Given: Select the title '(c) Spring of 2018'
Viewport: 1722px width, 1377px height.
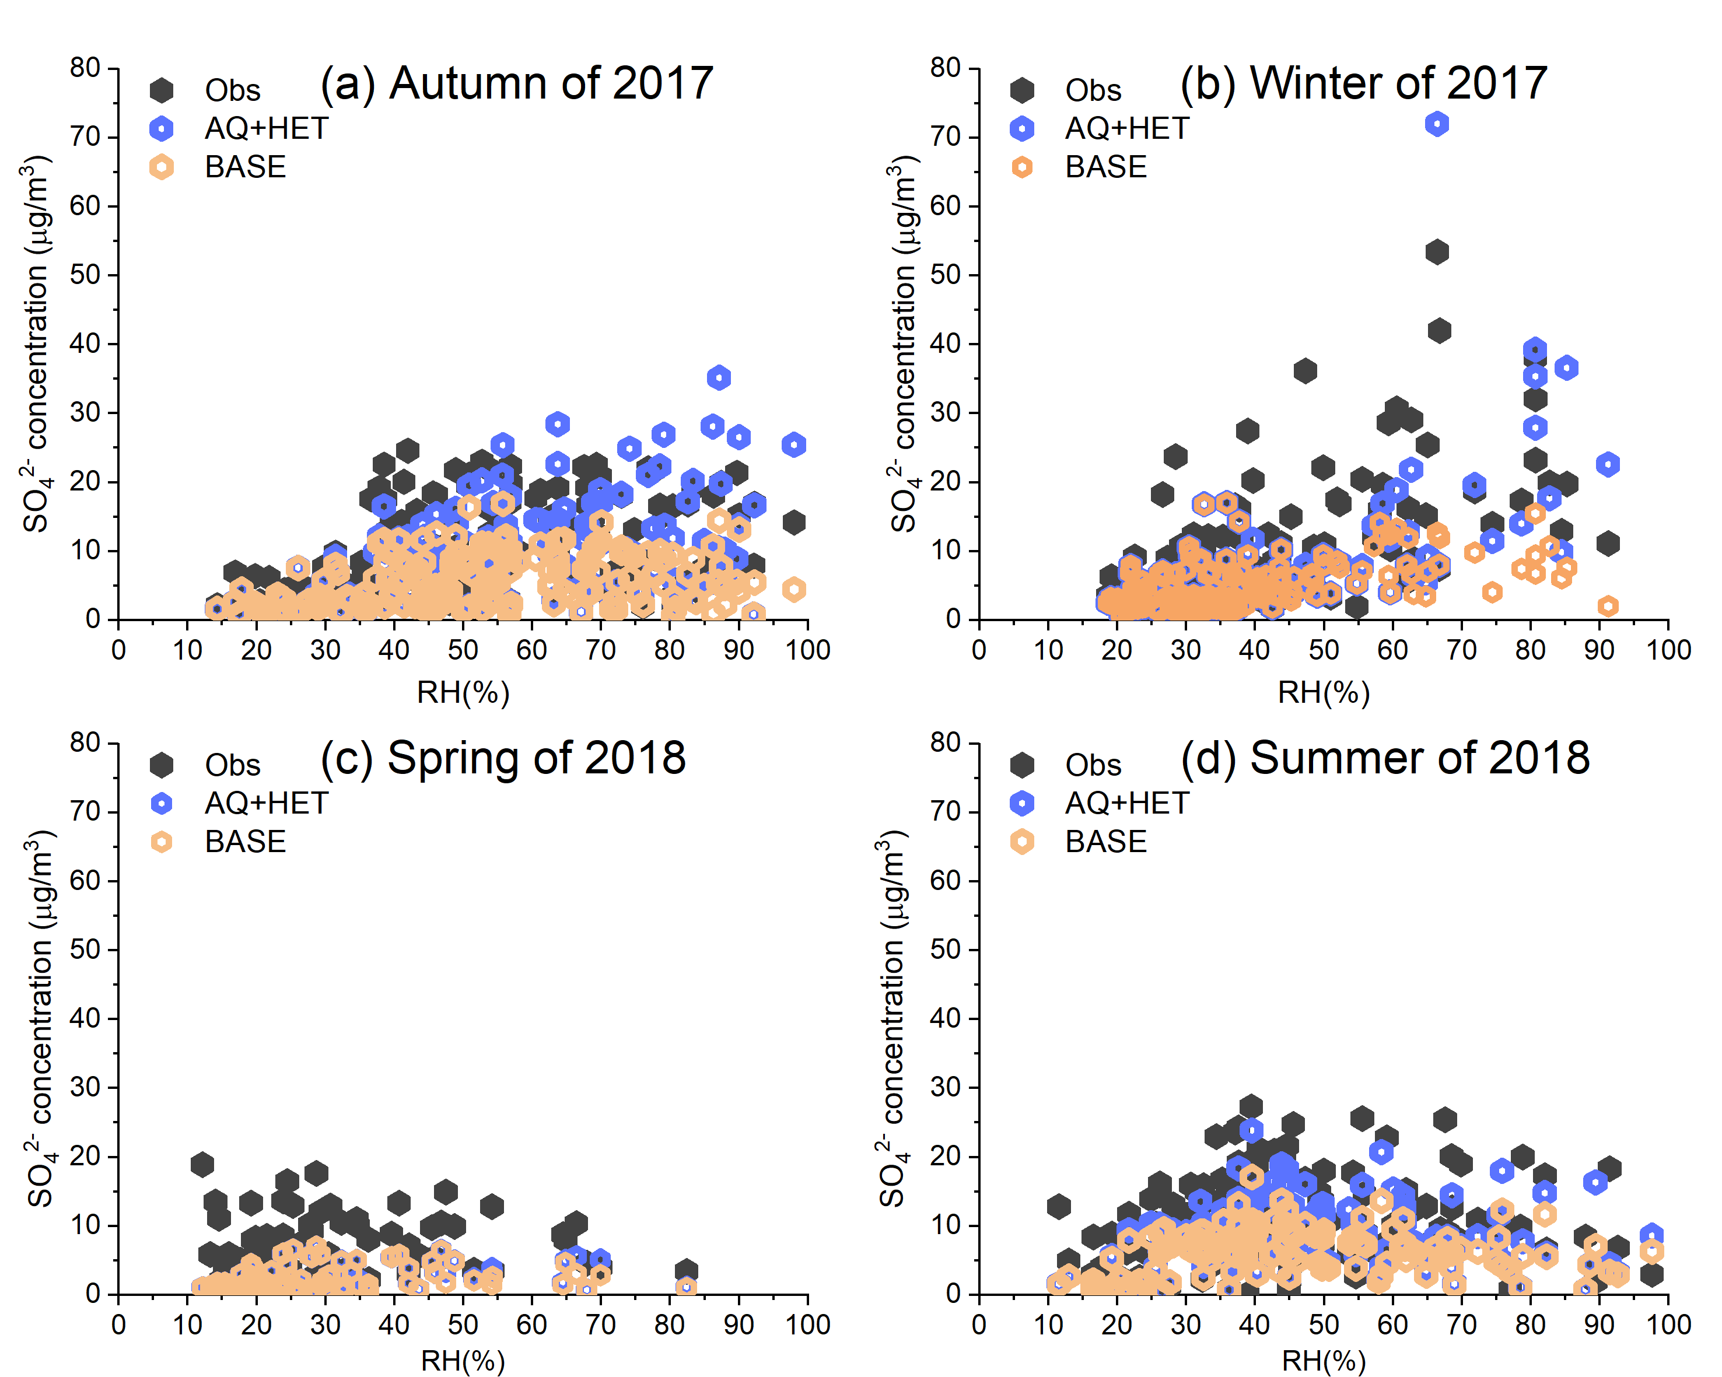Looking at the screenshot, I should (x=503, y=758).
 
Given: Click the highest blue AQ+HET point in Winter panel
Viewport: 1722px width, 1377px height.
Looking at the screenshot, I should (x=1437, y=124).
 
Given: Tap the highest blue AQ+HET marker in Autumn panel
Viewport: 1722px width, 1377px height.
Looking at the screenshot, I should (x=719, y=378).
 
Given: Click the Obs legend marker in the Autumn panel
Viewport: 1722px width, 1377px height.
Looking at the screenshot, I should (x=162, y=90).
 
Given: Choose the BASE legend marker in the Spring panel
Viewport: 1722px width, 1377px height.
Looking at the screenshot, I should (x=162, y=842).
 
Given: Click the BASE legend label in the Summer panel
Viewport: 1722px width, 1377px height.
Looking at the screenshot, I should (x=1105, y=842).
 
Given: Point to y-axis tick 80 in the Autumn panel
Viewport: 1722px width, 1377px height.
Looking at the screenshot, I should (x=86, y=68).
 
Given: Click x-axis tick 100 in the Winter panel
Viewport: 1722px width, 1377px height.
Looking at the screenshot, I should (x=1668, y=650).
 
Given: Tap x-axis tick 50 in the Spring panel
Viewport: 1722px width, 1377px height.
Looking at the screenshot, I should (x=463, y=1325).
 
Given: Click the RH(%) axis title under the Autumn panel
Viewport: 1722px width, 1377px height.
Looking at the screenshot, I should (x=463, y=692).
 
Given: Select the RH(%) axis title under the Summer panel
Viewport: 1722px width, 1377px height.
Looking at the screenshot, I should (x=1324, y=1361).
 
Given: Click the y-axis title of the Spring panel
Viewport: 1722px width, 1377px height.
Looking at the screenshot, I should (x=38, y=1019).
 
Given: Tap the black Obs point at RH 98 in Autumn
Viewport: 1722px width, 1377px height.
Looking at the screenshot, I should (x=793, y=523).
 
